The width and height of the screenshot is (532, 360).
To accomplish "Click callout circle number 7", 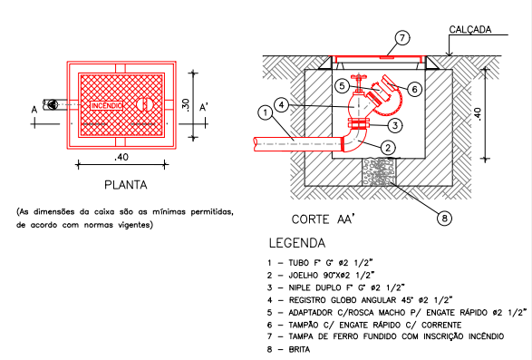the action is [402, 38].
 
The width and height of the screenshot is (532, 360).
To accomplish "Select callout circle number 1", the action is [266, 112].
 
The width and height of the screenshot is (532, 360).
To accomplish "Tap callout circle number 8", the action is [444, 218].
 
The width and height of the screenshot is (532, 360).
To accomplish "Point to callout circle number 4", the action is [281, 105].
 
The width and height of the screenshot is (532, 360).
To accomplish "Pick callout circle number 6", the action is [342, 86].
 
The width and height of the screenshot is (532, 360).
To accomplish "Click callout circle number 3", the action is [414, 90].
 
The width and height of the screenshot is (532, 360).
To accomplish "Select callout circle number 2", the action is [388, 148].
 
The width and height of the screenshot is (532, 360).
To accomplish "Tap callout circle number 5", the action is [342, 86].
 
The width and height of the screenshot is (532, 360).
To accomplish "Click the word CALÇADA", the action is [470, 30].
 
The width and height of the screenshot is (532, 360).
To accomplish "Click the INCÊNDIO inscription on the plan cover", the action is [107, 106].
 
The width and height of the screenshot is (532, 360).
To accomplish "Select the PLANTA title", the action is [126, 185].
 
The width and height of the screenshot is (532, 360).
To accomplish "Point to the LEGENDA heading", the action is [297, 243].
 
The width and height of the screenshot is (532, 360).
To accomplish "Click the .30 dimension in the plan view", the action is [186, 105].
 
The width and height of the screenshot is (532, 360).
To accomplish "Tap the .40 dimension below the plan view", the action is [121, 157].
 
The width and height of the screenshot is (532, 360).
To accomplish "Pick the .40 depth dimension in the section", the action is [478, 114].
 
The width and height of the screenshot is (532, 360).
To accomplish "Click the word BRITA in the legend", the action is [299, 349].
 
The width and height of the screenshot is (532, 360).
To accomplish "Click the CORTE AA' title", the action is [323, 219].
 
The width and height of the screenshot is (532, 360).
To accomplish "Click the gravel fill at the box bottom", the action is [379, 172].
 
